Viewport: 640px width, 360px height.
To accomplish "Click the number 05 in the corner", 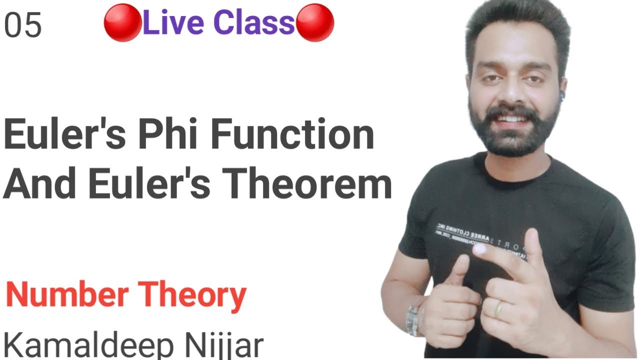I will pos(23,26).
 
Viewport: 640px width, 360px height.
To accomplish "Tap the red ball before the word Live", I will pos(122,24).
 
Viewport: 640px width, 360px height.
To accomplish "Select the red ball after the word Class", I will pos(315,24).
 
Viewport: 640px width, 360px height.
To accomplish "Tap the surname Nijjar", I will pos(222,346).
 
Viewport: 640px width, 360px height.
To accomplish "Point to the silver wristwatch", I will pos(414,320).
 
